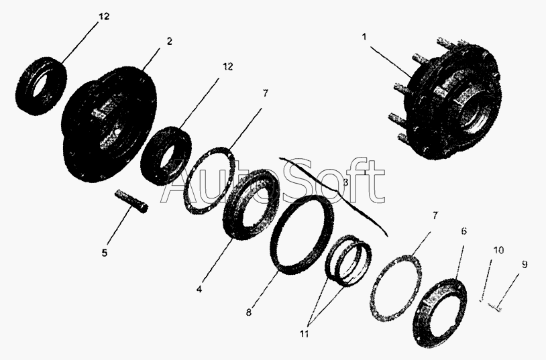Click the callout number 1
pos(365,37)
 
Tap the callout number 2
pos(169,41)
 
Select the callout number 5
pos(105,253)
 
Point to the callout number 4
pos(199,289)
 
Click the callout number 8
pos(248,312)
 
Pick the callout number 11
pos(304,335)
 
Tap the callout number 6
pos(463,231)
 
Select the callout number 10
pos(498,250)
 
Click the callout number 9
pos(524,265)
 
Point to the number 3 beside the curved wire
pos(345,182)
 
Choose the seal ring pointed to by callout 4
pos(251,204)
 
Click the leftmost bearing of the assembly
pos(41,86)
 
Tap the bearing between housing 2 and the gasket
pos(166,156)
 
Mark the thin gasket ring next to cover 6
pos(396,288)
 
